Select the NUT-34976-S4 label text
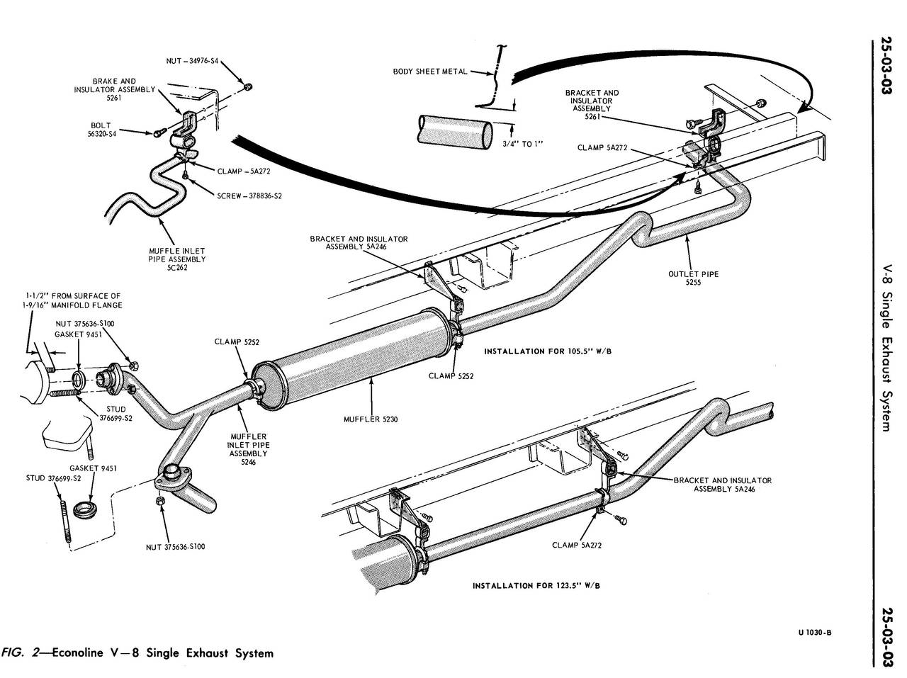193,61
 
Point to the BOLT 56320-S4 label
101,129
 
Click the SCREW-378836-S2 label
249,196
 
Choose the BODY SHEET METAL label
430,72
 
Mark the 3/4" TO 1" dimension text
522,144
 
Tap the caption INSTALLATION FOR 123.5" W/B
536,586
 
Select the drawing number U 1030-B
815,633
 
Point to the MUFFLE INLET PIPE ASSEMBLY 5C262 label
176,259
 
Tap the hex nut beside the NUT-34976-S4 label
247,86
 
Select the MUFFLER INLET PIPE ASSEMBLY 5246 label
248,449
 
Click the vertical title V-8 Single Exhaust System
890,347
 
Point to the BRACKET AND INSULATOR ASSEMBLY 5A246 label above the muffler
359,243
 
